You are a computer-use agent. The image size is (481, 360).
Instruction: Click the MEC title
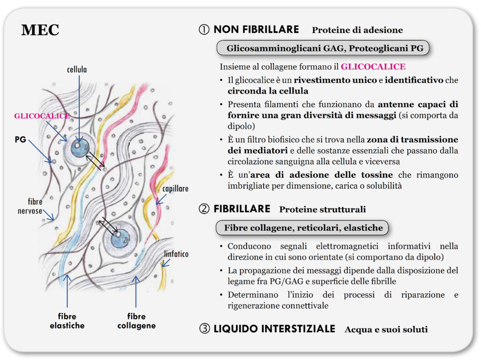point(40,30)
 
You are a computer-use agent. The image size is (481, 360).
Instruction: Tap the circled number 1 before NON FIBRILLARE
point(204,30)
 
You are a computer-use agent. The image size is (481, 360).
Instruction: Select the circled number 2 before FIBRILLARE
point(204,209)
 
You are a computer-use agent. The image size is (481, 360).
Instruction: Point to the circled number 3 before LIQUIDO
point(205,329)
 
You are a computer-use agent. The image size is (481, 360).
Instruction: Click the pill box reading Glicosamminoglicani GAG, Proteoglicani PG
point(323,48)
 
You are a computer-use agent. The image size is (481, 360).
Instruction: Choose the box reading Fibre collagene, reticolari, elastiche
point(302,228)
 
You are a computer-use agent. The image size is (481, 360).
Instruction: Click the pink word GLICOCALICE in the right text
point(373,67)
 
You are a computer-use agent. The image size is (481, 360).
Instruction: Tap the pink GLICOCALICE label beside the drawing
point(42,116)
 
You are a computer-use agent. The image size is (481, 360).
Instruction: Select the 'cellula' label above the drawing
point(77,70)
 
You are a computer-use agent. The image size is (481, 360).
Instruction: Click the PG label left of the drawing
point(20,139)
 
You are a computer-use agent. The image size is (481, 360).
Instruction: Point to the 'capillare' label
point(175,189)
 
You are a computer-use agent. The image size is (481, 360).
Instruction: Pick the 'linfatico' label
point(176,254)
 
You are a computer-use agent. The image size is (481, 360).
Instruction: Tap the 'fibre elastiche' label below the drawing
point(67,321)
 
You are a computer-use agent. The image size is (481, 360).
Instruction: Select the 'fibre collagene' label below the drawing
point(137,321)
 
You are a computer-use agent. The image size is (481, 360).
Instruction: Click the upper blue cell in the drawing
point(80,148)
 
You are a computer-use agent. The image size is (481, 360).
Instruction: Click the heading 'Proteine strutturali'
point(322,209)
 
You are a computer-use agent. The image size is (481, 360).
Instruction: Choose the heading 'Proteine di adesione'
point(357,30)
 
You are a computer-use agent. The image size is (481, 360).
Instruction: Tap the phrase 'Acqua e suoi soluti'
point(386,329)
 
